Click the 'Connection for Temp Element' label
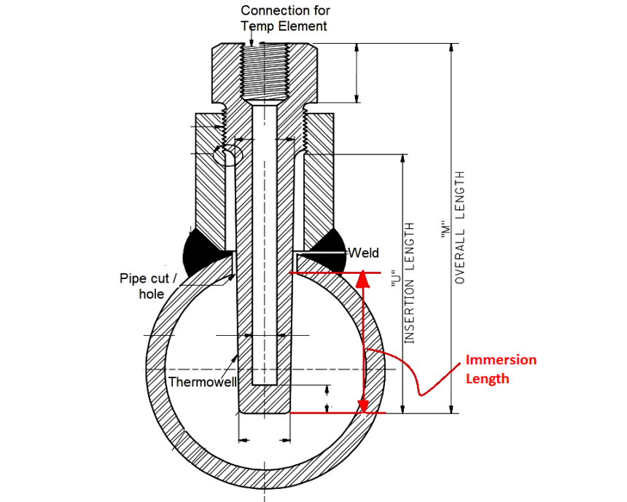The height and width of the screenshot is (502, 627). point(285,18)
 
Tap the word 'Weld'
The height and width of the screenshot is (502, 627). point(363,253)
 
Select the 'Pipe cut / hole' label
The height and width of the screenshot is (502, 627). point(148,286)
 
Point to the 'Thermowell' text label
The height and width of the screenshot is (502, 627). point(199,382)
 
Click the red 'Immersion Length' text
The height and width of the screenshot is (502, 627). point(501,369)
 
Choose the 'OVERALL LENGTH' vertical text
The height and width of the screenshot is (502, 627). point(460,227)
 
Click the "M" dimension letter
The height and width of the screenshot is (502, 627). point(443,227)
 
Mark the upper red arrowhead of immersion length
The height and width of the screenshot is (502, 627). point(364,278)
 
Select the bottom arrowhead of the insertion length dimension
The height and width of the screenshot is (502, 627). point(402,408)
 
